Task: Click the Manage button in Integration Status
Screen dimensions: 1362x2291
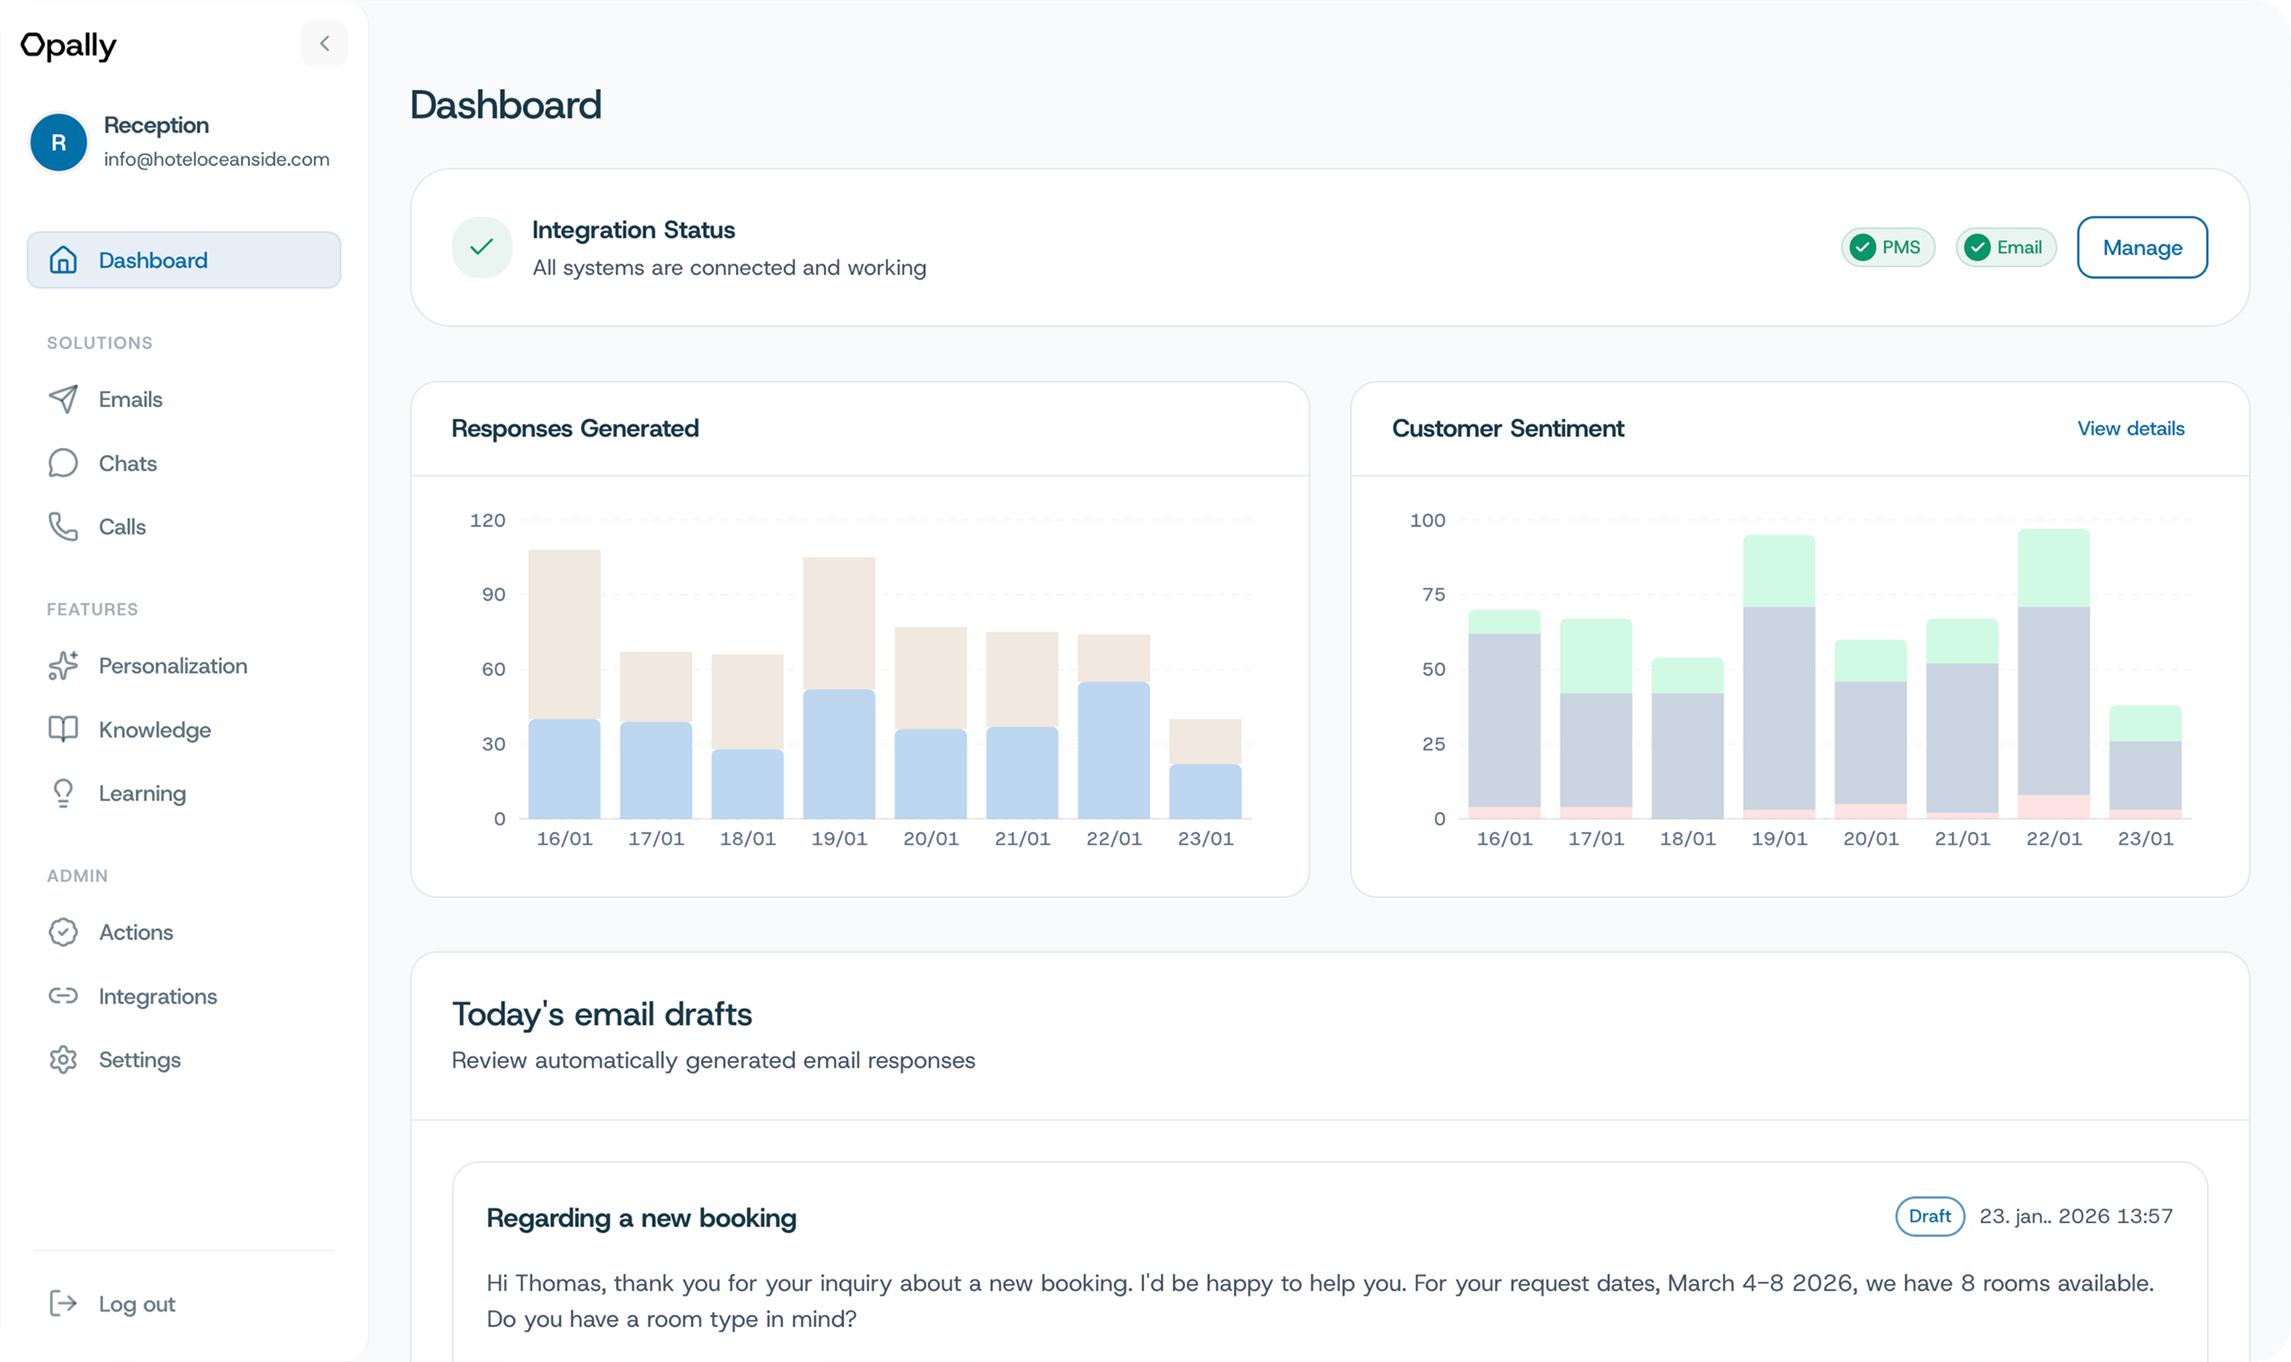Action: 2141,248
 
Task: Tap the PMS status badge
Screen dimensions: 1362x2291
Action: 1887,248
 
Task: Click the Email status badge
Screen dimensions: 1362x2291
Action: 2005,248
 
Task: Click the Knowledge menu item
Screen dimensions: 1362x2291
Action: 154,730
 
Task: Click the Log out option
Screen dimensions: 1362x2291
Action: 136,1304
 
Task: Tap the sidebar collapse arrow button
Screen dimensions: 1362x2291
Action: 324,44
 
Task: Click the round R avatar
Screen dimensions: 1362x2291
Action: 59,142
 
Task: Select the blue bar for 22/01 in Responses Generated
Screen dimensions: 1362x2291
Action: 1113,750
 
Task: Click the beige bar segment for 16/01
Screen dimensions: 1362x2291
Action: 564,633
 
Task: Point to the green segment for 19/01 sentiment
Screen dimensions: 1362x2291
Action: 1779,571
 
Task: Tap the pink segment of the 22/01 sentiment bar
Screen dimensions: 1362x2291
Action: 2053,805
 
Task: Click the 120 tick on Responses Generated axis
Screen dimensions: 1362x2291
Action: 487,521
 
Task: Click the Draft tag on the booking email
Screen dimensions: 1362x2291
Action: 1929,1216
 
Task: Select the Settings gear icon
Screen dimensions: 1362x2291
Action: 63,1060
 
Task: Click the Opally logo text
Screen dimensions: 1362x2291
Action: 69,45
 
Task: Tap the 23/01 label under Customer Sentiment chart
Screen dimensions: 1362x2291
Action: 2145,839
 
